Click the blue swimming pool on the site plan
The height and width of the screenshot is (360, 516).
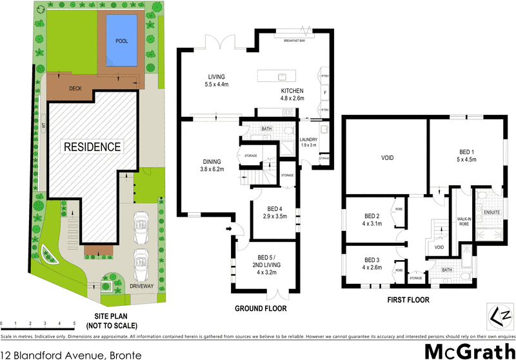click(x=122, y=40)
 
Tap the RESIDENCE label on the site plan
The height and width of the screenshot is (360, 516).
click(x=92, y=146)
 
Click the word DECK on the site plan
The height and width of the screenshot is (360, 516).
click(x=75, y=89)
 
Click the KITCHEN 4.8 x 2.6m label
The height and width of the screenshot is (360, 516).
click(x=292, y=94)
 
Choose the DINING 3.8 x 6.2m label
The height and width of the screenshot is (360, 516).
click(x=212, y=165)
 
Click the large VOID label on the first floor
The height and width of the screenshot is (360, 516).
click(x=387, y=157)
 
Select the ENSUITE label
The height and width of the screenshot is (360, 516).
click(x=491, y=210)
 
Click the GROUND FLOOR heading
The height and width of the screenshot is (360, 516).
click(x=261, y=309)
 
